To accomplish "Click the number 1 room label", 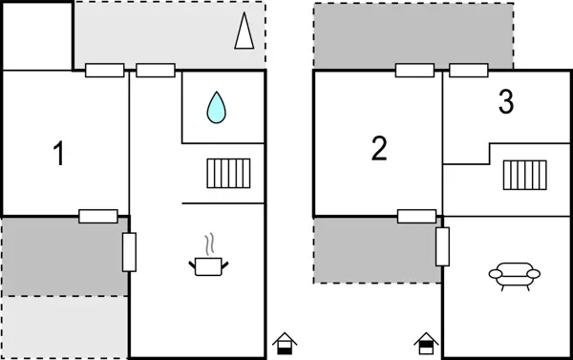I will pyautogui.click(x=59, y=154).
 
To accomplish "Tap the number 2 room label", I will pyautogui.click(x=379, y=148).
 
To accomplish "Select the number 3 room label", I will pyautogui.click(x=506, y=101).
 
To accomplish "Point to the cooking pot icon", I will pyautogui.click(x=209, y=265).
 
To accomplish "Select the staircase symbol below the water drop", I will pyautogui.click(x=228, y=173).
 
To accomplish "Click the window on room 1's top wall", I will pyautogui.click(x=104, y=70).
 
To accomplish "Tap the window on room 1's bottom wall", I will pyautogui.click(x=98, y=216).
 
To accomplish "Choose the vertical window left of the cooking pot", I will pyautogui.click(x=129, y=252).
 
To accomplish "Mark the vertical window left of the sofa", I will pyautogui.click(x=442, y=246).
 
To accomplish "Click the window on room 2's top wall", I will pyautogui.click(x=415, y=70).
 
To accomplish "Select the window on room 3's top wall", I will pyautogui.click(x=469, y=70).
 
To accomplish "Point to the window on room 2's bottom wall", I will pyautogui.click(x=416, y=216).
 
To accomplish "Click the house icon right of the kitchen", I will pyautogui.click(x=284, y=343).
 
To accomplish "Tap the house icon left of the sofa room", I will pyautogui.click(x=425, y=343).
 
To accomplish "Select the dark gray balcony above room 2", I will pyautogui.click(x=413, y=36).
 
